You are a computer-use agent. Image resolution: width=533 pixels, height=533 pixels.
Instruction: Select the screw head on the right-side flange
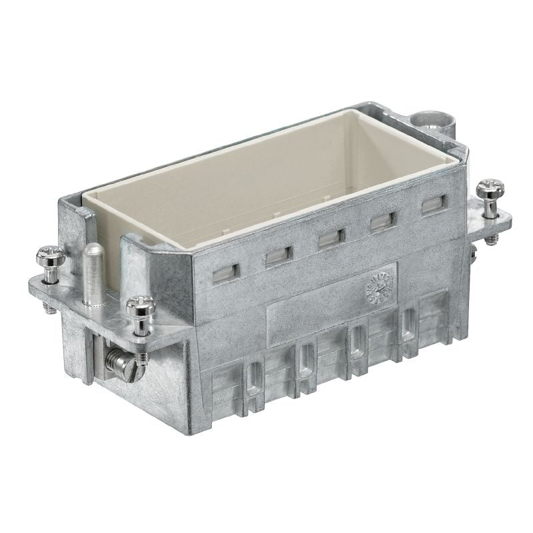(x=490, y=188)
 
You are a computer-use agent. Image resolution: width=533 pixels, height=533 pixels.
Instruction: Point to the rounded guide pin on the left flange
(x=91, y=254)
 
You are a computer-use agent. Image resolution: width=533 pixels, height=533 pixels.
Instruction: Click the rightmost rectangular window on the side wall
(x=432, y=205)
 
